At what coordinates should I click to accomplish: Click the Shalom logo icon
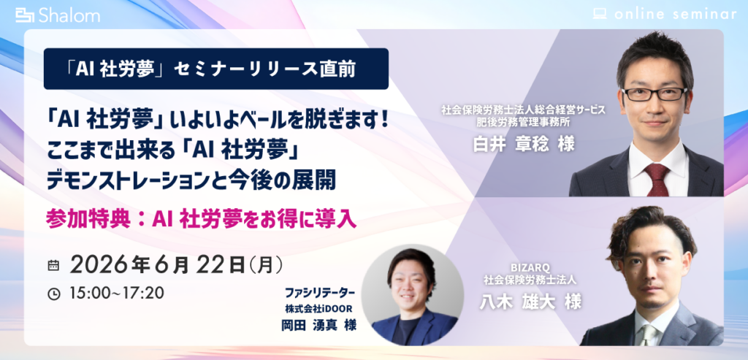26,15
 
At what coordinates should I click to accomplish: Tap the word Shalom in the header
69,16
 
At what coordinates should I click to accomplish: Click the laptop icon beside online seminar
600,14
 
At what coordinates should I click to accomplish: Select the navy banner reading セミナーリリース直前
215,69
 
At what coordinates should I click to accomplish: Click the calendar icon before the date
53,266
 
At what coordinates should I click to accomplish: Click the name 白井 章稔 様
523,144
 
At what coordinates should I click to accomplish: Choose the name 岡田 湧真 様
318,325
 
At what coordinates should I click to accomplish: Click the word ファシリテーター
320,290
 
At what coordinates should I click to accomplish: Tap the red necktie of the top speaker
657,180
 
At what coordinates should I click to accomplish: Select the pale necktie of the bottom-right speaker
649,335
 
